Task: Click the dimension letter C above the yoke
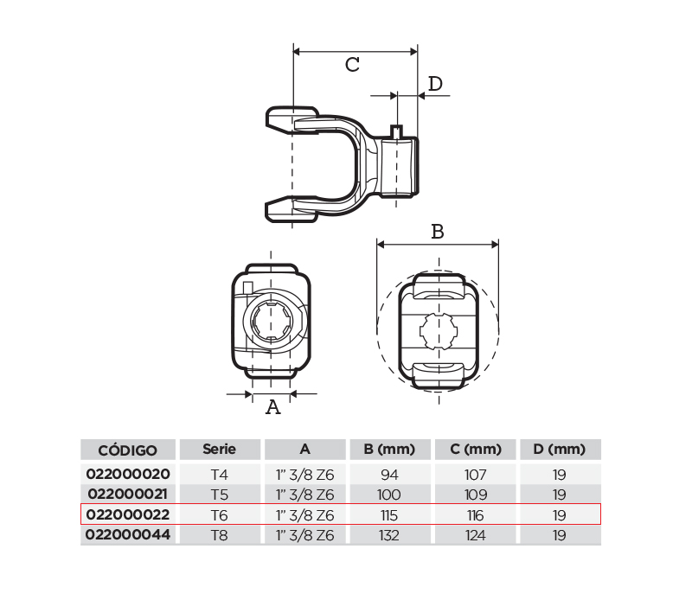(352, 65)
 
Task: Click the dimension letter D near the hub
(435, 83)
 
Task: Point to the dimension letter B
(438, 232)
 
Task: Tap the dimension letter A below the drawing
(273, 407)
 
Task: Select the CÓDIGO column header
(127, 450)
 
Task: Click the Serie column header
(220, 449)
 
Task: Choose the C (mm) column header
(476, 449)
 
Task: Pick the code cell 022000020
(128, 474)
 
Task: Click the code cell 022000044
(128, 534)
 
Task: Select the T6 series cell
(220, 515)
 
